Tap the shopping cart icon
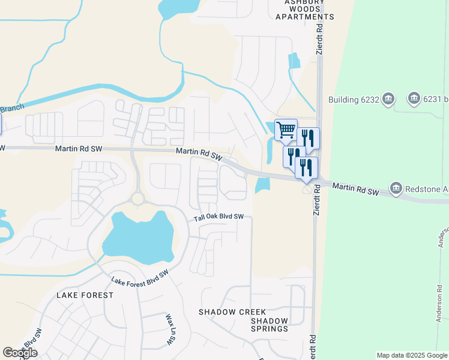tap(286, 129)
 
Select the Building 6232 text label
tap(354, 100)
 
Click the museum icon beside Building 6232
tap(388, 98)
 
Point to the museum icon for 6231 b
tap(414, 98)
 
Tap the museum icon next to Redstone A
tap(396, 188)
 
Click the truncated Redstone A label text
tap(427, 189)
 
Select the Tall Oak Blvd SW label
tap(218, 217)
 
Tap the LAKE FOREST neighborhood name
tap(85, 295)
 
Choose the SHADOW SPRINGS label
tap(270, 325)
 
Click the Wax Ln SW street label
tap(169, 329)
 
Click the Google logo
tap(20, 353)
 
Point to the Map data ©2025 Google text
tap(412, 355)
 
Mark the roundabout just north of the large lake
tap(137, 198)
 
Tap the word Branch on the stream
tap(11, 108)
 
